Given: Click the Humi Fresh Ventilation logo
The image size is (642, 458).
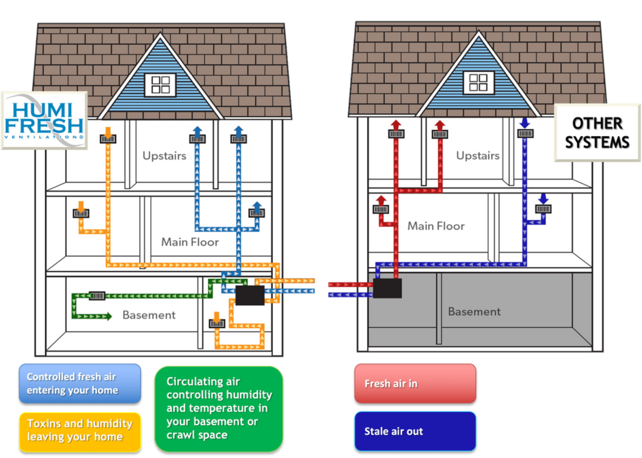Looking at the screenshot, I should coord(44,120).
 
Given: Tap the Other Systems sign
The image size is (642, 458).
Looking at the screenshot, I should coord(597,133).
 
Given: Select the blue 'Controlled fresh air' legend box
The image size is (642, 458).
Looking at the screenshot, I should coord(80,383).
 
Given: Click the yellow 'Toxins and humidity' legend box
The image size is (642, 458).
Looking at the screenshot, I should coord(80,430).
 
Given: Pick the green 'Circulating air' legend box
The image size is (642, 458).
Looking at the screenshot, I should coord(219,408).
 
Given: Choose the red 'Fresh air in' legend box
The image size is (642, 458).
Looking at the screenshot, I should coord(415,383).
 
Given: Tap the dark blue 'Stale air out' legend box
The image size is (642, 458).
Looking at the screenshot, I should coord(415,431).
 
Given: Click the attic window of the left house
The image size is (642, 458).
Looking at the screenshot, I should coord(160,84).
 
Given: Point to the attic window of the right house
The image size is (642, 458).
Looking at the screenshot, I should coord(479,83).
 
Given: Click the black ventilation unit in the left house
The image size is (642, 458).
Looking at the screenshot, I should coord(250,295).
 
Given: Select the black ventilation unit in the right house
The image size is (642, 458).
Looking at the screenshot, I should coord(387,289).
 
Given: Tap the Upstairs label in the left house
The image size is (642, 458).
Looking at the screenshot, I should coord(164,156).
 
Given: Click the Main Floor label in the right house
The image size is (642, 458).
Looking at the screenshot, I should coord(436,226).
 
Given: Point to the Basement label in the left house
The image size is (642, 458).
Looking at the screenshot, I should coord(149,315).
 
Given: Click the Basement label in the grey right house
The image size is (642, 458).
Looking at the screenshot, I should coord(474,312).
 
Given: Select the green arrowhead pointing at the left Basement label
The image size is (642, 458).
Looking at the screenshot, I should coord(107,317).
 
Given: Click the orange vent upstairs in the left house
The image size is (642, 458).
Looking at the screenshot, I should coord(108,139).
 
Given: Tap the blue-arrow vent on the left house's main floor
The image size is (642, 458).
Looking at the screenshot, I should coord(256,213).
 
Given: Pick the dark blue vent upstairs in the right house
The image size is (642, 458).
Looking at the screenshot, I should coord(525,133).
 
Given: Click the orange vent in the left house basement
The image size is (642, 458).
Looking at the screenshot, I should coord(216,323).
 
